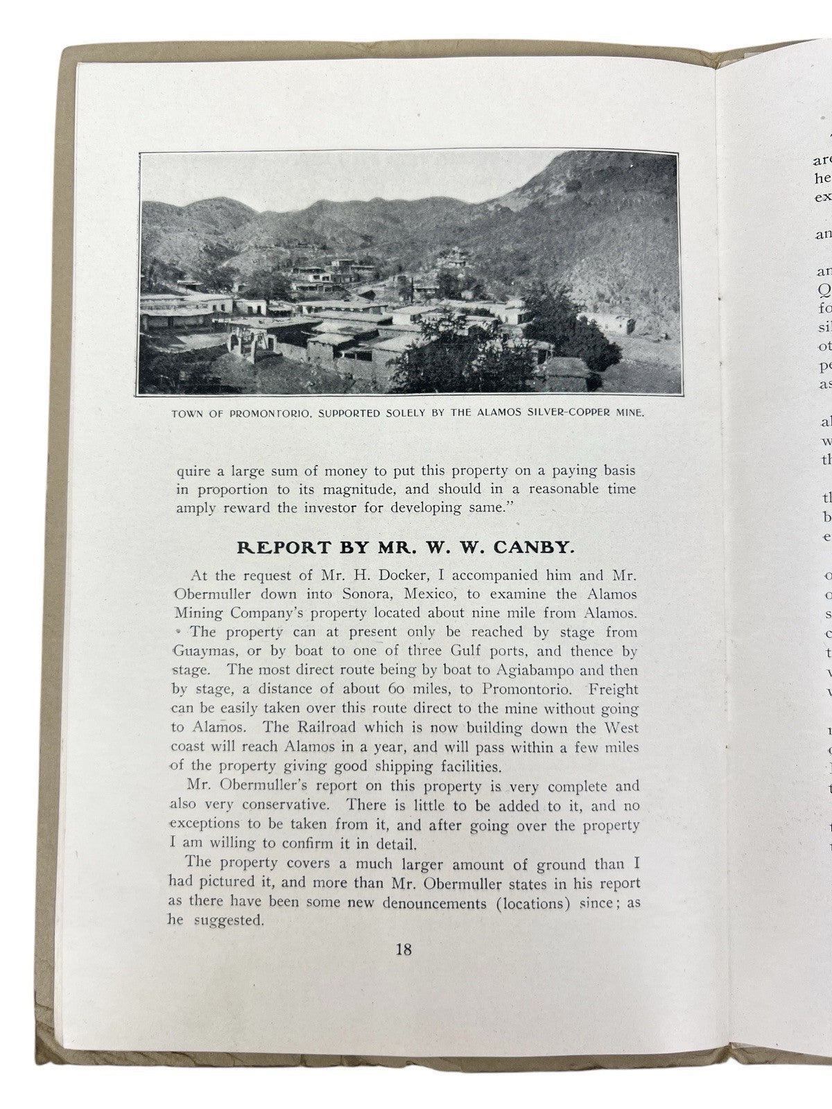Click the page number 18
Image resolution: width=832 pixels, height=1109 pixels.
(404, 949)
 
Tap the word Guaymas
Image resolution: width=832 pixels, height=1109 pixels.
(199, 652)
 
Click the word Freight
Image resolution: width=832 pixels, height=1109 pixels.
(612, 690)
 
